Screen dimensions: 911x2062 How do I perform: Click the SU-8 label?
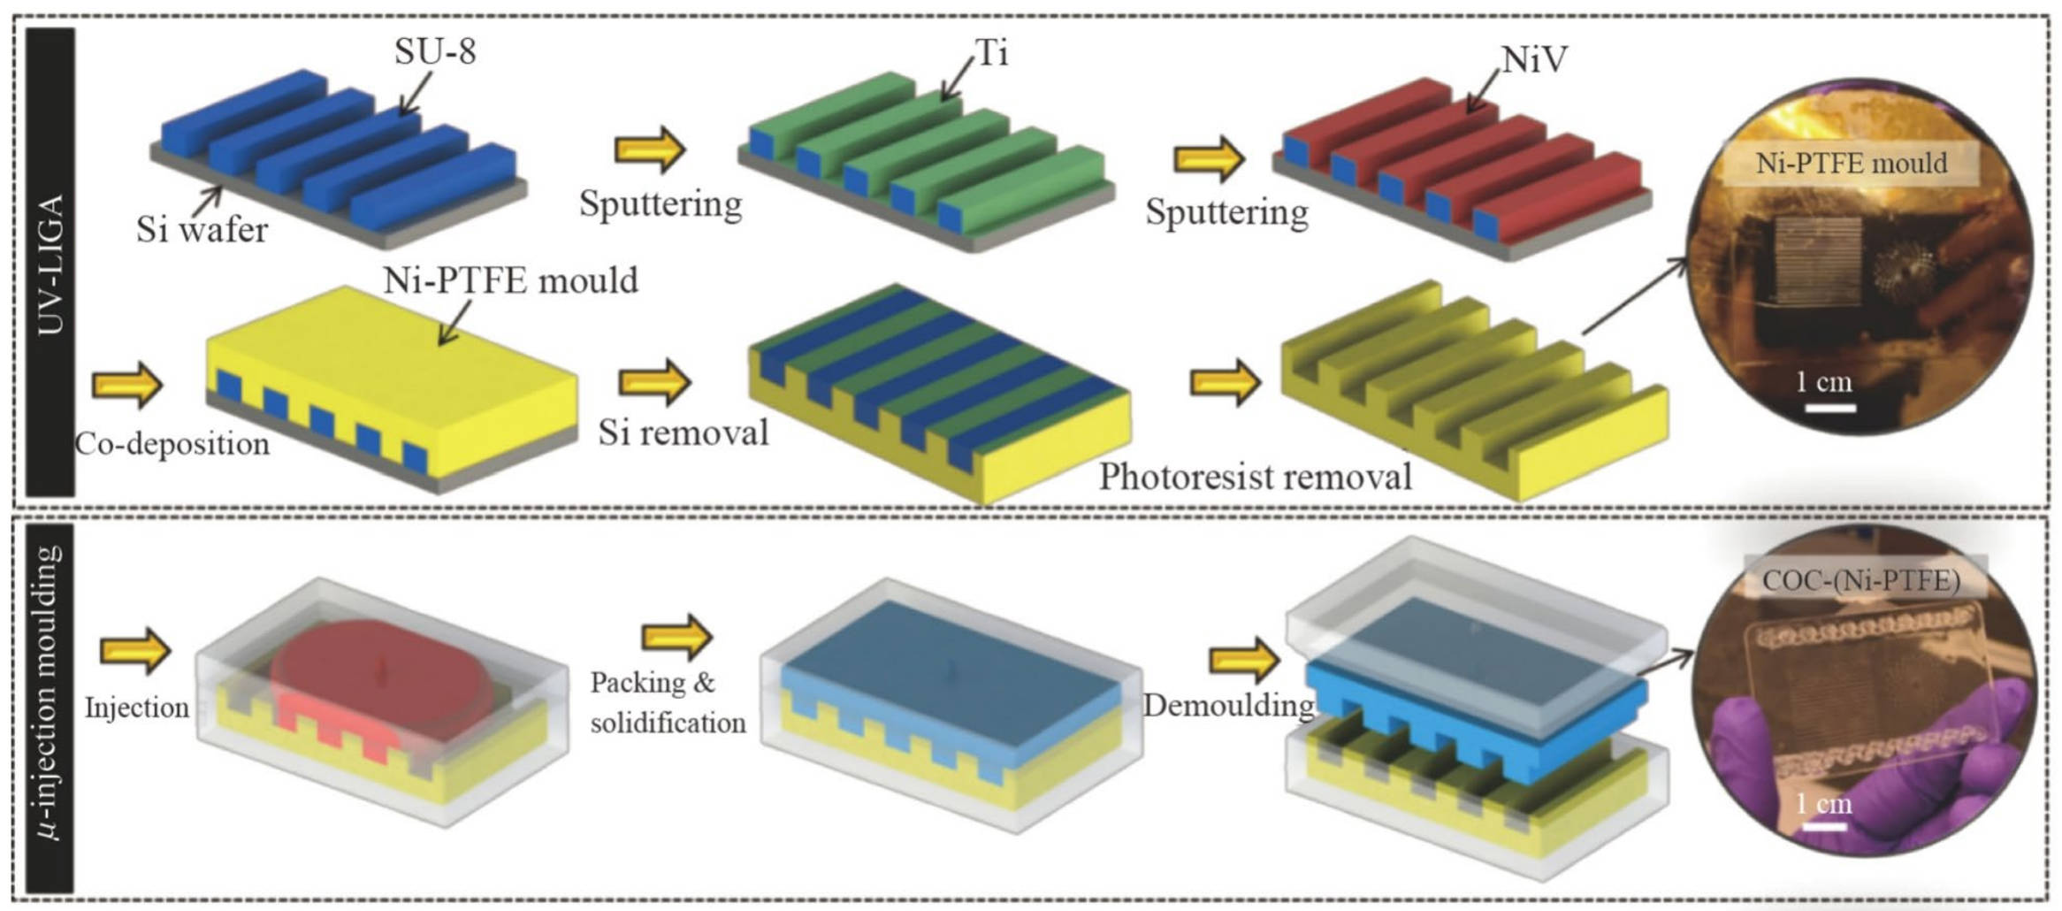point(435,51)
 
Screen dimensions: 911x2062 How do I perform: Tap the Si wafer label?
point(202,230)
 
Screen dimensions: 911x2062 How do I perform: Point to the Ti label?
point(991,53)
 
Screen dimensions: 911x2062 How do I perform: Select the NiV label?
point(1534,59)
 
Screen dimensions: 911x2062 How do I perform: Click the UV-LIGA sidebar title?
point(50,264)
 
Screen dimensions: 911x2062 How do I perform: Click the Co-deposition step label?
point(172,443)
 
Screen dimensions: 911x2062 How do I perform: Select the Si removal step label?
point(683,433)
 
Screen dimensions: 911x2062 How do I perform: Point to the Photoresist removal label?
point(1255,477)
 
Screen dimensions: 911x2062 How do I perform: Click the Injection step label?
point(136,708)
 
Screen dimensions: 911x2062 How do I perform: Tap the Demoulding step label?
point(1228,705)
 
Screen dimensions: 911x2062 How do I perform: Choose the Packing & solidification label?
point(667,703)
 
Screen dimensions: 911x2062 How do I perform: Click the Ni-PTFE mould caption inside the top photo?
point(1851,163)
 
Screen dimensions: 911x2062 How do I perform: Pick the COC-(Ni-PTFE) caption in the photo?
point(1860,580)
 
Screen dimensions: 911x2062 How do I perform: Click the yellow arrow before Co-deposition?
point(127,385)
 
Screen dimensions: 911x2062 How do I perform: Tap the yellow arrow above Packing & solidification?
point(676,636)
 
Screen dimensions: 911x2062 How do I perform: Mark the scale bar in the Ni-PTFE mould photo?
point(1829,408)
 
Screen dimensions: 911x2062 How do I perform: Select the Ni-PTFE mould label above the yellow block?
point(510,280)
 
